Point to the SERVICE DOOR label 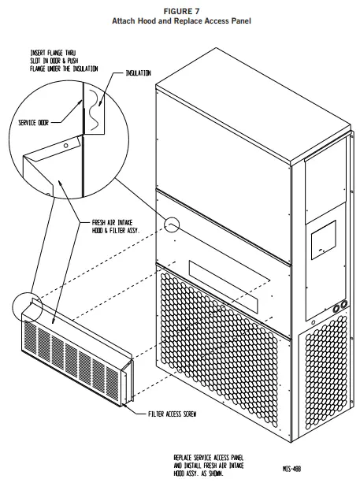click(x=34, y=122)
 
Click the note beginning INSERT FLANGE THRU click(x=59, y=60)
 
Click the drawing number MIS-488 click(x=291, y=467)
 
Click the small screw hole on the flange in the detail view click(x=65, y=147)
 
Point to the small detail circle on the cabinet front click(x=173, y=226)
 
